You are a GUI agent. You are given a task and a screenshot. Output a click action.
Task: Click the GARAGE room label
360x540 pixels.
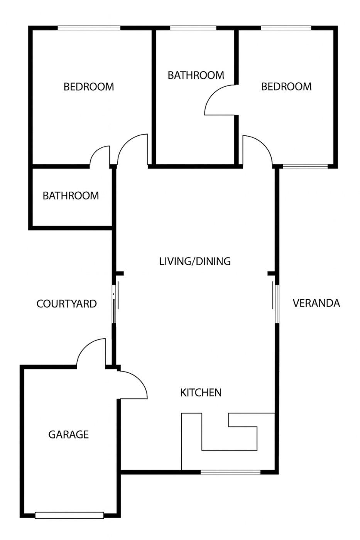point(68,434)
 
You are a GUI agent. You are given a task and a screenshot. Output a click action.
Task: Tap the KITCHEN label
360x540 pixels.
point(201,393)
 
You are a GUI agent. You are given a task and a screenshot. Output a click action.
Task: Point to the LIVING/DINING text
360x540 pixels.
point(195,262)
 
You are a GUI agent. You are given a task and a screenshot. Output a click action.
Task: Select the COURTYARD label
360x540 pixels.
point(66,304)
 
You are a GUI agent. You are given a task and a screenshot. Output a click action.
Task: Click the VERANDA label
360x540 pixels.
point(316,303)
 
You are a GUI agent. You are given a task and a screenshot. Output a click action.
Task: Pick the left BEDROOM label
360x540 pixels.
point(89,87)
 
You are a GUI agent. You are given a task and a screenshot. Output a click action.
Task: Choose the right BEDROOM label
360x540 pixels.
point(286,86)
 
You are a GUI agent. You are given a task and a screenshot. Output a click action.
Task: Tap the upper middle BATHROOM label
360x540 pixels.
point(196,75)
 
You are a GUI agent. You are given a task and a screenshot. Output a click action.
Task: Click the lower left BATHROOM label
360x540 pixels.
point(71,196)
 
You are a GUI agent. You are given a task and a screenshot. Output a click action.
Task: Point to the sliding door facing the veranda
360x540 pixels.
point(275,304)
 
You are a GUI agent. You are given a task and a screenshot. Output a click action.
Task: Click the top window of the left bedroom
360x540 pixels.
point(89,28)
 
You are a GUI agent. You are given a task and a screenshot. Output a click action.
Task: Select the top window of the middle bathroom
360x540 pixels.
point(193,28)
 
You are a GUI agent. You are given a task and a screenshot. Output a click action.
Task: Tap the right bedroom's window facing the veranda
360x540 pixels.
point(305,166)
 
